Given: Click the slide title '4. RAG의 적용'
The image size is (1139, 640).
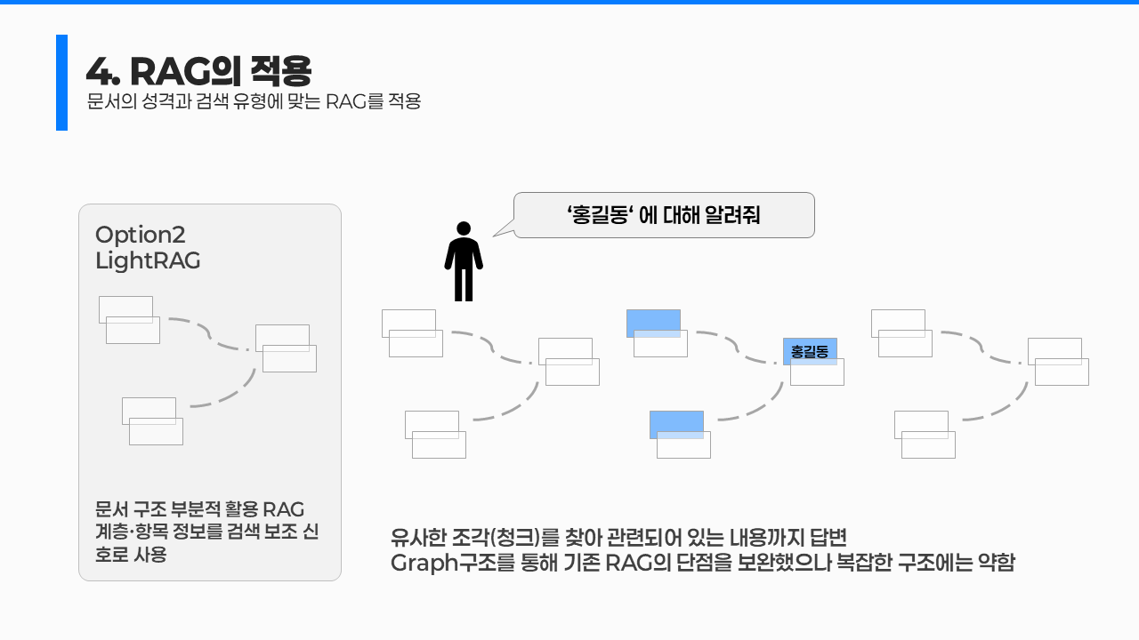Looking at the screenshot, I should [x=198, y=70].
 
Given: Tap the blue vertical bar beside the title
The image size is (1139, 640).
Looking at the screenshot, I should [x=61, y=83].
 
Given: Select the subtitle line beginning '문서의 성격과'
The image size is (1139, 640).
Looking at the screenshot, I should [x=254, y=101].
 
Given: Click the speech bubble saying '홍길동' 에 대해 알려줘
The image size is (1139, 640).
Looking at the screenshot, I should [x=664, y=215].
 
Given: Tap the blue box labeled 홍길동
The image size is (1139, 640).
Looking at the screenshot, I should [x=810, y=352].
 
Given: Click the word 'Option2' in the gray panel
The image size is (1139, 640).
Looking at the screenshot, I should [x=140, y=235].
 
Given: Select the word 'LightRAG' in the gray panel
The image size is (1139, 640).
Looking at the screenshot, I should [x=148, y=261].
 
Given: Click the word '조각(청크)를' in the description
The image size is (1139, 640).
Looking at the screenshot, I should [x=507, y=537].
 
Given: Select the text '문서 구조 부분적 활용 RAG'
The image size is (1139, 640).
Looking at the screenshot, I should [x=200, y=509].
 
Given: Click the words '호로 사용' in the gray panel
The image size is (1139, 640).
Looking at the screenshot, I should [x=131, y=556].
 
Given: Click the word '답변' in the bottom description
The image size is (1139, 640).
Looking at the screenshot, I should [x=832, y=537].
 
